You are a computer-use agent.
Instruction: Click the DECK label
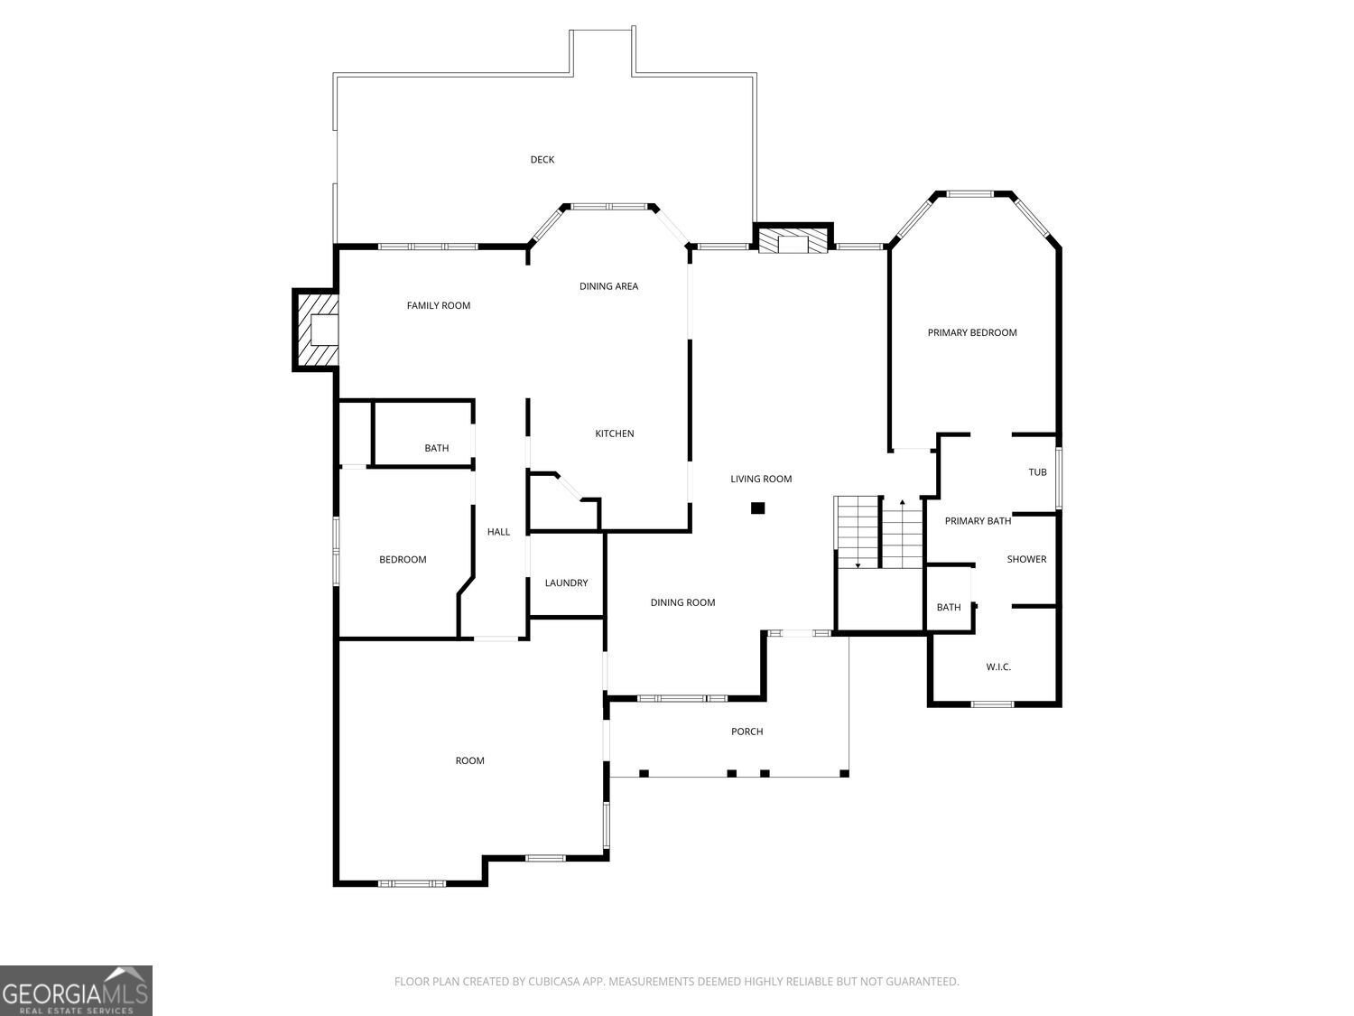[x=543, y=160]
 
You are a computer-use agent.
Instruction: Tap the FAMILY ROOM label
[x=439, y=305]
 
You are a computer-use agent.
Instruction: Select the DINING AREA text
[x=608, y=286]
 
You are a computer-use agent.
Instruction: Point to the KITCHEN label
[x=615, y=433]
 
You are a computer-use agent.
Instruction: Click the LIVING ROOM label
[x=761, y=479]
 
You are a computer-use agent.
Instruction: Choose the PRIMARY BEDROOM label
[x=972, y=332]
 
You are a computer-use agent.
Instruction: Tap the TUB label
[x=1037, y=472]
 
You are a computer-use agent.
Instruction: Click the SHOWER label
[x=1026, y=559]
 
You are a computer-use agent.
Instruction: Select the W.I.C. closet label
[x=998, y=666]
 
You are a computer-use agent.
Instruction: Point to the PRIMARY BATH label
[x=978, y=521]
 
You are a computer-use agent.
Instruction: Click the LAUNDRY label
[x=566, y=583]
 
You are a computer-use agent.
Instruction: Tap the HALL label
[x=498, y=532]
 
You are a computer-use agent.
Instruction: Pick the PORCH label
[x=747, y=732]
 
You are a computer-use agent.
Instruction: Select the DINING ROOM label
[x=682, y=602]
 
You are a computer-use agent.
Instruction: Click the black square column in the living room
[x=757, y=508]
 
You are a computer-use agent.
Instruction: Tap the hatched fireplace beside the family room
[x=317, y=330]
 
